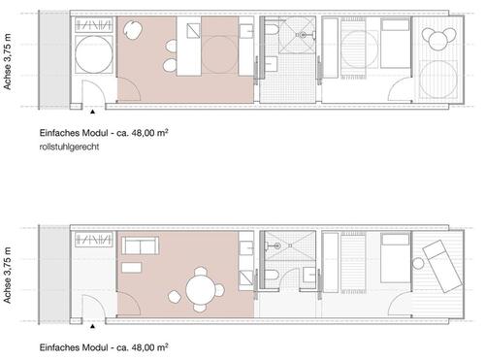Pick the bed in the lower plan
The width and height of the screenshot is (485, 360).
395,262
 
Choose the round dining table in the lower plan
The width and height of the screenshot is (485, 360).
199,290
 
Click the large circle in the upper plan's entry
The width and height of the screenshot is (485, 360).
96,63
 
